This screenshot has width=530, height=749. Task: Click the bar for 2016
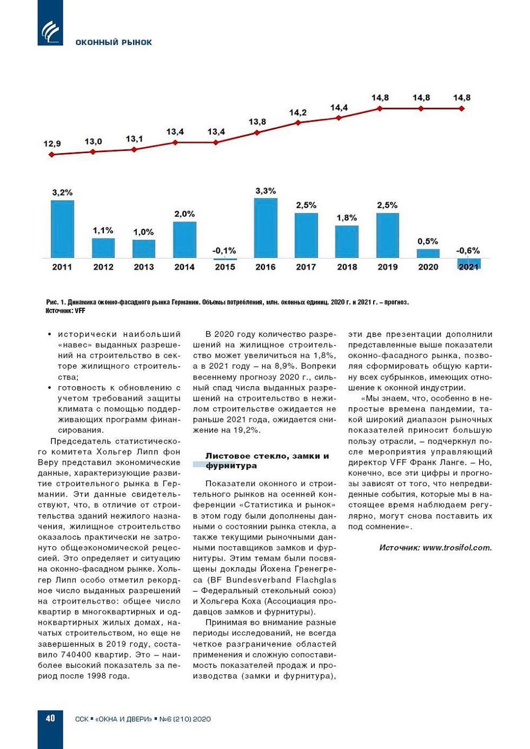(266, 228)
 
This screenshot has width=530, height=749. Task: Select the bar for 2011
(62, 229)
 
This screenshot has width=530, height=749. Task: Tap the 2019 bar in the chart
(387, 235)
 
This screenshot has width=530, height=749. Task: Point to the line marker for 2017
(298, 123)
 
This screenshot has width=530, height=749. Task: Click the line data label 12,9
(52, 144)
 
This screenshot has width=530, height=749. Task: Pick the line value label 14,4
(339, 108)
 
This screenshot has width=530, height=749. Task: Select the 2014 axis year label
(184, 267)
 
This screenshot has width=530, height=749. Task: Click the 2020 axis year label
(428, 267)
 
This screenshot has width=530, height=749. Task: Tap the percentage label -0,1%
(224, 251)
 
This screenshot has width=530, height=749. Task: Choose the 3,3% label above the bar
(266, 191)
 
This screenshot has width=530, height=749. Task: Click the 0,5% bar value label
(428, 241)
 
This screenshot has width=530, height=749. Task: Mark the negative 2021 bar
(469, 263)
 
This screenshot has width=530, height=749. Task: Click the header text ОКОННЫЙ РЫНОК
(114, 42)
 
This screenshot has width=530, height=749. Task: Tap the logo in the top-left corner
(50, 30)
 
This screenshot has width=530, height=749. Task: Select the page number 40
(50, 718)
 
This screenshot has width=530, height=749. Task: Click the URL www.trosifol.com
(457, 548)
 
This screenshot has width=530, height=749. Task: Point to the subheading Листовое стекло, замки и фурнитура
(267, 461)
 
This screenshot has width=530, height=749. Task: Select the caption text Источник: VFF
(65, 311)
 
